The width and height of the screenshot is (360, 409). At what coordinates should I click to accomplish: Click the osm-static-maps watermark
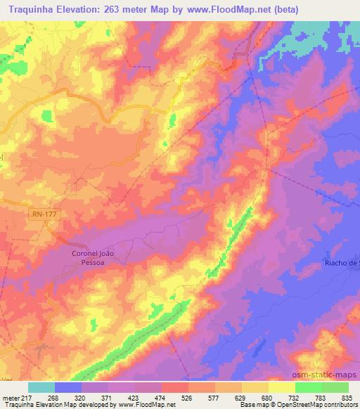324,376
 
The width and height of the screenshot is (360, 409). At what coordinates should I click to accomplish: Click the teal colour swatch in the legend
41,387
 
